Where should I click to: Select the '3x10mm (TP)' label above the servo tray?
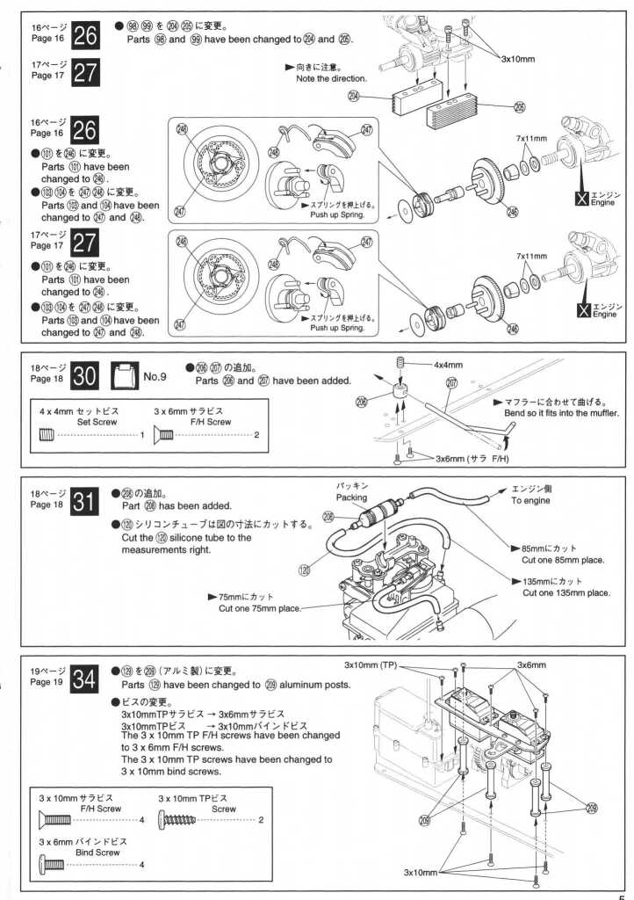(x=371, y=664)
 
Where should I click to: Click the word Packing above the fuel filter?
(x=352, y=497)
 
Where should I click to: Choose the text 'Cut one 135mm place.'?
(x=566, y=592)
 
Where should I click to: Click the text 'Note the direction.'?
(x=332, y=79)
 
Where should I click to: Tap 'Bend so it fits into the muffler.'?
(x=562, y=413)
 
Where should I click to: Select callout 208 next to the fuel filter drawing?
(x=328, y=517)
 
